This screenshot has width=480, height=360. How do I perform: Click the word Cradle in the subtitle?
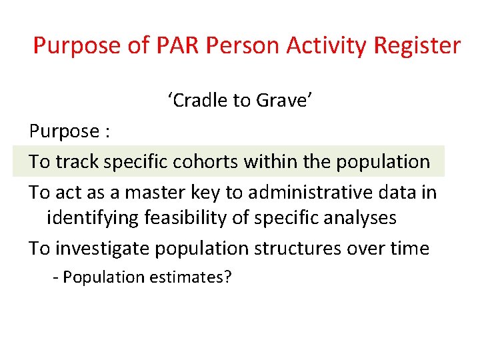[199, 101]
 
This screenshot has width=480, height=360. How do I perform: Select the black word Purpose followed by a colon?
[63, 131]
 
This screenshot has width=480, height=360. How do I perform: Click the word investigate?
[103, 248]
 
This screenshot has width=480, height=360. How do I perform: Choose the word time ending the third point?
[409, 248]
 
